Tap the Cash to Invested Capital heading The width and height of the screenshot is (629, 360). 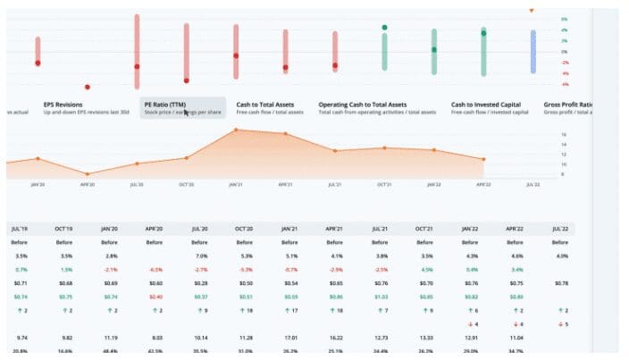487,105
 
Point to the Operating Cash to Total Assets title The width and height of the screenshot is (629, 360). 363,105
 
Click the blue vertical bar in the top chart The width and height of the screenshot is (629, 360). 533,51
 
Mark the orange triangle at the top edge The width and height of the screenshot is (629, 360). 532,11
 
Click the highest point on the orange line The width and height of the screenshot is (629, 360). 236,130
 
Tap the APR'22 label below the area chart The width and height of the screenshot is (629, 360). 483,184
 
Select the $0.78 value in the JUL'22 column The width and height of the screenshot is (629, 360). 561,283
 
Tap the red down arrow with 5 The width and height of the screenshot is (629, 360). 561,323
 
